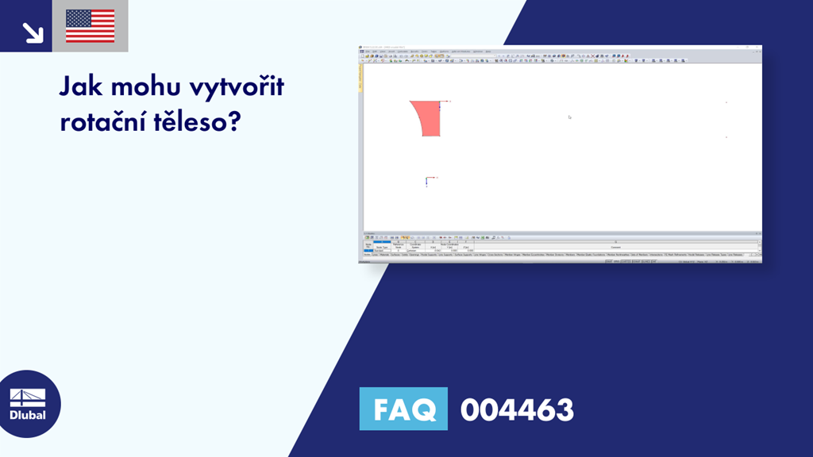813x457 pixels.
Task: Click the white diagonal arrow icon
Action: tap(33, 32)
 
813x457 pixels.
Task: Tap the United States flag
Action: tap(90, 26)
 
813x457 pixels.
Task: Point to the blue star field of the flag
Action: tap(78, 19)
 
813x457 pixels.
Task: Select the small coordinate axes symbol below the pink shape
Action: tap(427, 180)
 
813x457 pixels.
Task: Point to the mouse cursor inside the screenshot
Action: tap(569, 117)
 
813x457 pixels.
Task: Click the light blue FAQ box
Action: tap(403, 409)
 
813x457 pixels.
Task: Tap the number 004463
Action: tap(517, 409)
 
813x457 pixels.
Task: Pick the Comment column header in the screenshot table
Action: tap(616, 247)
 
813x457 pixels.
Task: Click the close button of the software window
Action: tap(758, 48)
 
